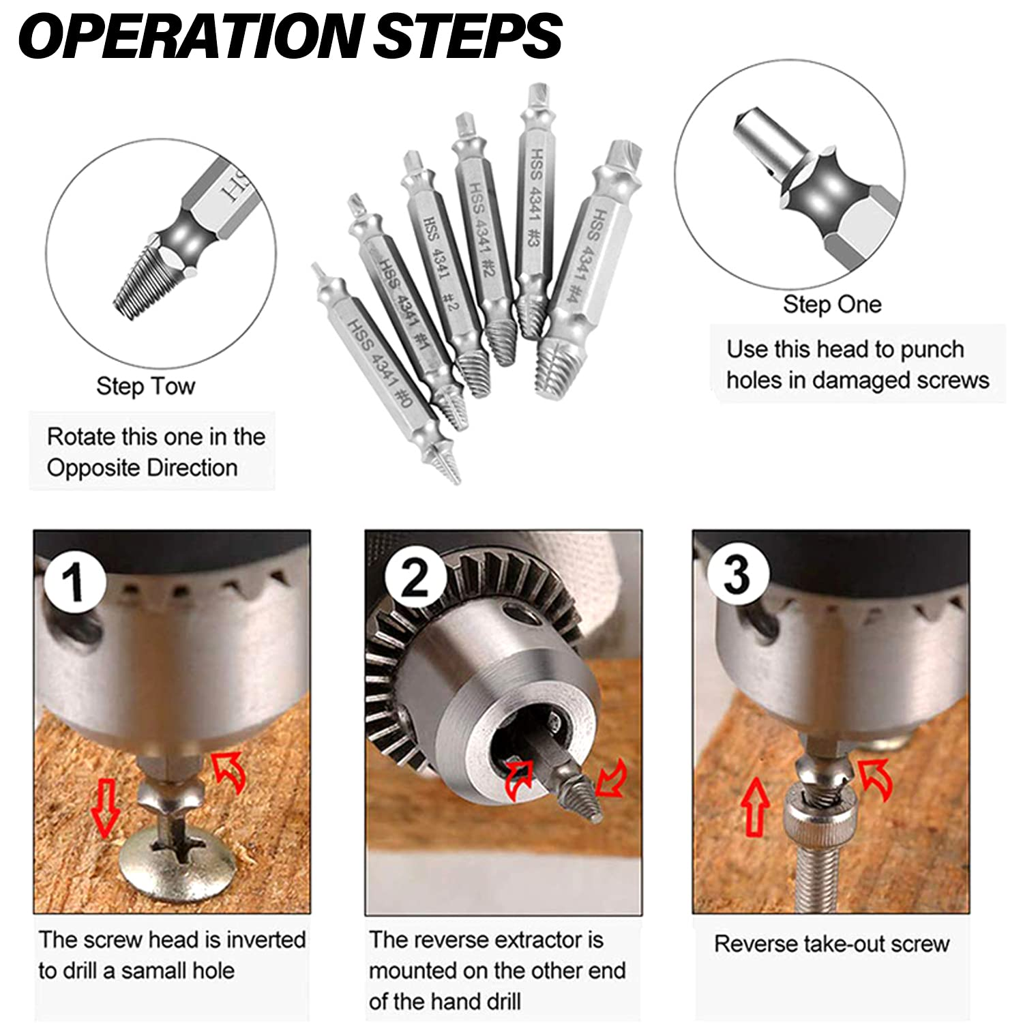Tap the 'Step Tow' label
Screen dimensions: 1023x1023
145,386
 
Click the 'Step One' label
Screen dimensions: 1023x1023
831,304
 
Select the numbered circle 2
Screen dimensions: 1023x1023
415,578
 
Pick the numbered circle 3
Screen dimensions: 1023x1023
737,574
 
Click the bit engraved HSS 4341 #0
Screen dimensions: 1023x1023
379,361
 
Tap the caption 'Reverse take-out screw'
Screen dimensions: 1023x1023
831,944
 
